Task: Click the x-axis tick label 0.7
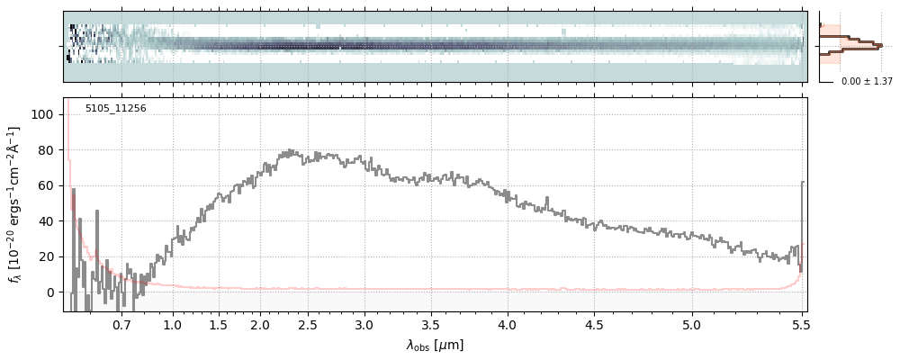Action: [x=121, y=325]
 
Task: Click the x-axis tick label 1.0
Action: [x=173, y=325]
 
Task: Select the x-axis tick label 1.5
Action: [x=218, y=325]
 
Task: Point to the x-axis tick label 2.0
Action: [x=260, y=325]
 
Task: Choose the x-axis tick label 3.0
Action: [x=364, y=325]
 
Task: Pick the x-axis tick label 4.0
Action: [x=508, y=325]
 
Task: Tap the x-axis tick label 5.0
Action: [x=691, y=325]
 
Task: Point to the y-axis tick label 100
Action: [x=46, y=114]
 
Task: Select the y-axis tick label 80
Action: [x=49, y=150]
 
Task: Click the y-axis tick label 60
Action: [x=49, y=185]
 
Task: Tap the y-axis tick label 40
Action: [x=49, y=221]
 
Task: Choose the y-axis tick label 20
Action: [x=49, y=256]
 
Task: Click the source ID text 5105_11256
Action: [x=115, y=109]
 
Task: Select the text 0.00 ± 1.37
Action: [x=867, y=82]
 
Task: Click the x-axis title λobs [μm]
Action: [x=435, y=345]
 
